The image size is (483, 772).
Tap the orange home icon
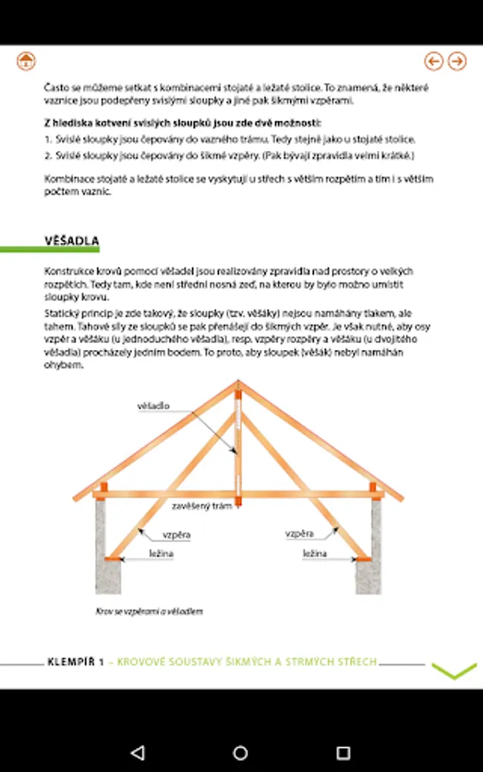26,61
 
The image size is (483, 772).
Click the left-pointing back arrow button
434,61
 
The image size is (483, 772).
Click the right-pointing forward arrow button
457,61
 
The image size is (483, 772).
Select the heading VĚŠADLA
72,241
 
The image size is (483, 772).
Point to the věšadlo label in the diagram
153,406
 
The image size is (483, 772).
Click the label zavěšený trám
202,505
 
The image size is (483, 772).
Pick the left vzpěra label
176,534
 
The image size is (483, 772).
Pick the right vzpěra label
299,534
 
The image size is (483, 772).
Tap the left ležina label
161,553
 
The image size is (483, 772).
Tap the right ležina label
315,553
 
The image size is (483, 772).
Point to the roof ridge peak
238,382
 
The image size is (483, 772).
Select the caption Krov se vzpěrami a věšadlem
148,611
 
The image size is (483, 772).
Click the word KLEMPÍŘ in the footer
70,661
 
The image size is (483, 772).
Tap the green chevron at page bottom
454,671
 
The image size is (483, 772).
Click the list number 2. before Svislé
48,155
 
